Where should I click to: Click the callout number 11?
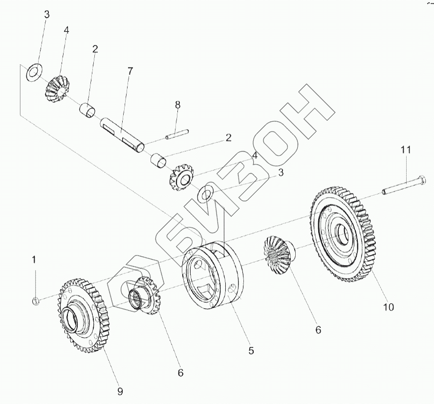click(x=406, y=150)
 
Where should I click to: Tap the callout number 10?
click(x=388, y=307)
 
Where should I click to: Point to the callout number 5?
click(x=251, y=350)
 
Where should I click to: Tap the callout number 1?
click(x=34, y=259)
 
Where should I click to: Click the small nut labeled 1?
click(x=36, y=299)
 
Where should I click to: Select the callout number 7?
click(x=130, y=71)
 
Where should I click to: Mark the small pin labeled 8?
click(x=176, y=134)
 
